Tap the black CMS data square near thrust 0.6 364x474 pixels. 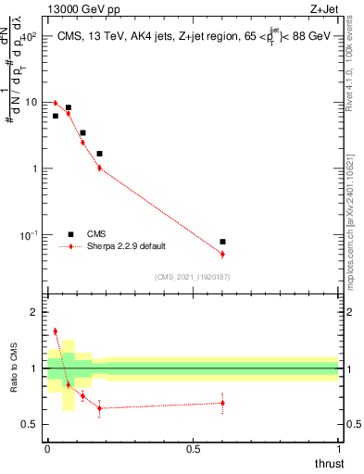click(x=222, y=242)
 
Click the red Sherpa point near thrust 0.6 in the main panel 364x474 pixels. click(x=222, y=254)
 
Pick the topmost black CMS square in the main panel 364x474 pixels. click(x=68, y=107)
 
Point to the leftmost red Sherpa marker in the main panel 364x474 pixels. click(x=56, y=103)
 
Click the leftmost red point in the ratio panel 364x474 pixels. click(x=56, y=331)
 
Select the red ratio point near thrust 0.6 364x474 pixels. click(x=222, y=402)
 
